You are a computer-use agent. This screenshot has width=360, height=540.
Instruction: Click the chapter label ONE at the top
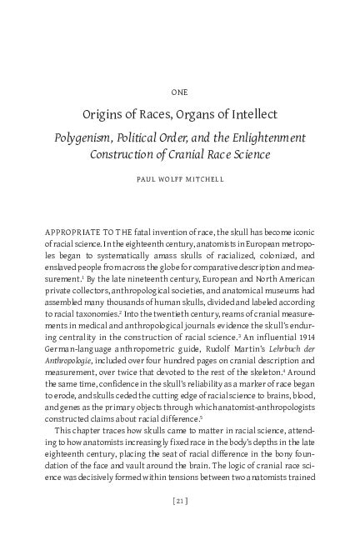tap(180, 92)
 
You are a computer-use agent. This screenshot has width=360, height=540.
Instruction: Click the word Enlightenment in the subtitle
tap(265, 136)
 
